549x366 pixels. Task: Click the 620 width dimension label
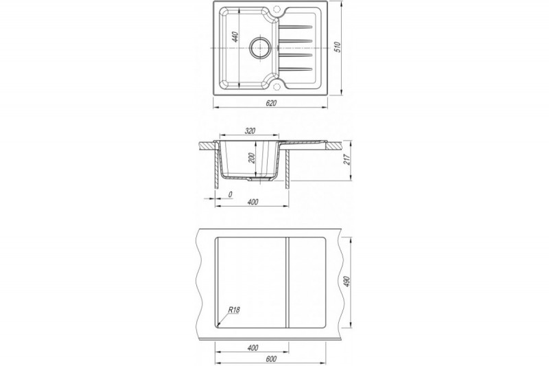271,103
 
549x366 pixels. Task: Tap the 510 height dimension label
337,47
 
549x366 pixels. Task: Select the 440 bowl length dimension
235,37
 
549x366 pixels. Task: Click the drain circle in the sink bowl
260,47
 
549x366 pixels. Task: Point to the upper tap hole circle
277,8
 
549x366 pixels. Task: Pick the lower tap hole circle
277,86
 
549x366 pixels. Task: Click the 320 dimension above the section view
250,131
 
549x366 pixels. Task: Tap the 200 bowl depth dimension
250,159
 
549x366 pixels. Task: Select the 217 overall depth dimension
347,161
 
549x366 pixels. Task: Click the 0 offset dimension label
230,194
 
